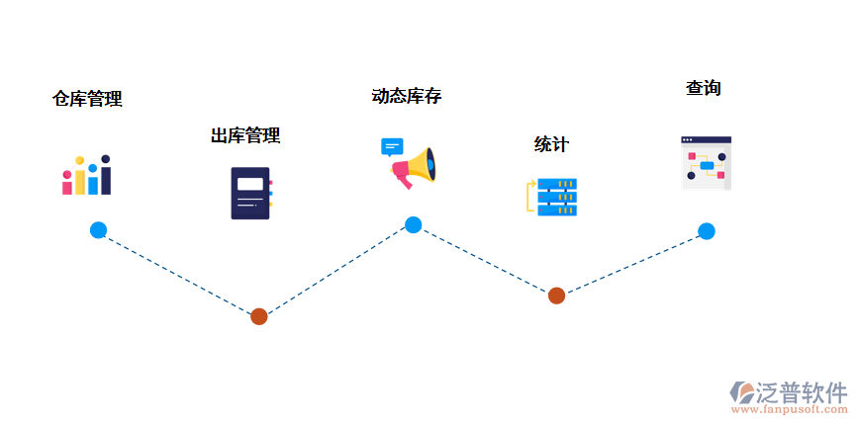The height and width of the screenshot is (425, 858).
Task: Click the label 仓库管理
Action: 87,99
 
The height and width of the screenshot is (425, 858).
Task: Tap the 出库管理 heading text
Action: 245,135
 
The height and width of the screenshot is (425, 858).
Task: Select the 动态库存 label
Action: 406,96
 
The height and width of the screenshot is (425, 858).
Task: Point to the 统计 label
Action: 551,144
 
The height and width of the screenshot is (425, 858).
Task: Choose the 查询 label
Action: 703,88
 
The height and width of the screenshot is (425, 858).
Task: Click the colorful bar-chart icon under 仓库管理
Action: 87,175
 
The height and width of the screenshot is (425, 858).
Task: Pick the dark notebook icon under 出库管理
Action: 250,193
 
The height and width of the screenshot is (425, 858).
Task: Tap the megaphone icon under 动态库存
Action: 415,169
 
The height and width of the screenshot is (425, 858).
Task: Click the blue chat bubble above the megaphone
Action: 393,147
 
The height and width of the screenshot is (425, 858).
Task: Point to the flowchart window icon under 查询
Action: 706,162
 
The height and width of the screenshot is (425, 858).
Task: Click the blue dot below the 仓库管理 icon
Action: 98,230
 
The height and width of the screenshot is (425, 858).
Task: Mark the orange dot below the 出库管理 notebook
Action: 258,316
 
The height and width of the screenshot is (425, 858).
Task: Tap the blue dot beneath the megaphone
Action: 413,224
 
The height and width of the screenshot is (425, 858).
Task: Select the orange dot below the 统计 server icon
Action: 556,295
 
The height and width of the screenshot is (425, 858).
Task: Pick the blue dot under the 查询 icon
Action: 706,231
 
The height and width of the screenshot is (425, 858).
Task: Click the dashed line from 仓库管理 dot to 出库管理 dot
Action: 178,274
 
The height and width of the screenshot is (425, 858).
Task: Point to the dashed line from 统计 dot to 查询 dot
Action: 631,263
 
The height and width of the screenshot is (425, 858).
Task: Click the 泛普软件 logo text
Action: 802,391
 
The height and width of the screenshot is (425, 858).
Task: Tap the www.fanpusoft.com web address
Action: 789,409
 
